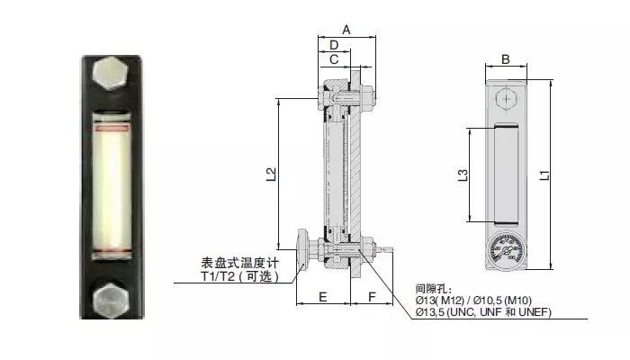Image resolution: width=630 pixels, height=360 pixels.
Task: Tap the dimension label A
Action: pyautogui.click(x=346, y=30)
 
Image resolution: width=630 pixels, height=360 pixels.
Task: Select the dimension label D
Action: pyautogui.click(x=333, y=45)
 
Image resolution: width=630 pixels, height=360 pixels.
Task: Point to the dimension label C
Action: pyautogui.click(x=333, y=59)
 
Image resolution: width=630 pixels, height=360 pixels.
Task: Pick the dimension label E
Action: pyautogui.click(x=322, y=296)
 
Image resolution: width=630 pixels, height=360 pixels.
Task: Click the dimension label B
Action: pyautogui.click(x=506, y=59)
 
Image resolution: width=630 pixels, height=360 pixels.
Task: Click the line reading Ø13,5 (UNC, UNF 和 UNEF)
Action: pyautogui.click(x=483, y=311)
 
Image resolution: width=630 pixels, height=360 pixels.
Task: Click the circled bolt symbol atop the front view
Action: pyautogui.click(x=507, y=98)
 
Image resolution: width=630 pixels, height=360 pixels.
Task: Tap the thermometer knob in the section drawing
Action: pyautogui.click(x=301, y=244)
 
